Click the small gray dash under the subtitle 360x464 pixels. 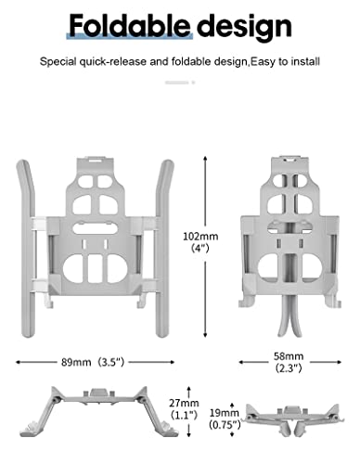tap(179, 82)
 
